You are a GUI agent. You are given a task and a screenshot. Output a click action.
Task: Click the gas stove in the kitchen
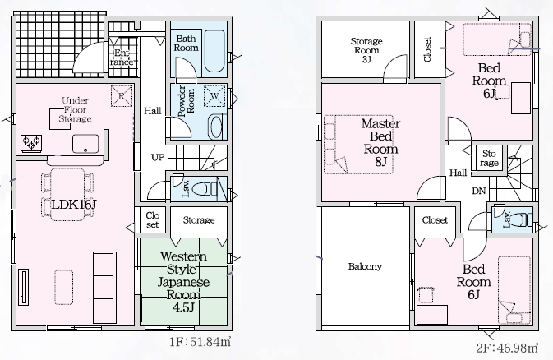coord(31,143)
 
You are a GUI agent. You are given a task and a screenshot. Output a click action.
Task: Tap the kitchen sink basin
coord(85,144)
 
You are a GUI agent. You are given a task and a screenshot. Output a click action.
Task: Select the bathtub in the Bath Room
coord(214,51)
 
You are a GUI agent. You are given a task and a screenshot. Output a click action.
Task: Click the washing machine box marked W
coord(214,95)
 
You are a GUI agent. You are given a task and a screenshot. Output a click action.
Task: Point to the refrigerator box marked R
coord(122,95)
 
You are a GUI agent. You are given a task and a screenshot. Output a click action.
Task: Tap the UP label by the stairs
coord(158,157)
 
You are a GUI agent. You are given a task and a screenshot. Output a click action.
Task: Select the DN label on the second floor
coord(478,191)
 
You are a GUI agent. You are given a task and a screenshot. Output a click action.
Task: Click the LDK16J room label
coord(74,204)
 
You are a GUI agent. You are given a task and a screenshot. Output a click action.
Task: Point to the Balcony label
coord(365,266)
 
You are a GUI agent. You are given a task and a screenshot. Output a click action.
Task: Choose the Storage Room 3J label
coord(366,50)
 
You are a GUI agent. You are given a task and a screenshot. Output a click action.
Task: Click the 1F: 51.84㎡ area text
coord(200,342)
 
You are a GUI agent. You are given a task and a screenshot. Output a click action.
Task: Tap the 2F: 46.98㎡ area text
coord(507,348)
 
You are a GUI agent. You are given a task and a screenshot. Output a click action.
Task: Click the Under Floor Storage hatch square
coord(60,119)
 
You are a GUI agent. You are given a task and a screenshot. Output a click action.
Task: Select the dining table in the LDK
coord(67,195)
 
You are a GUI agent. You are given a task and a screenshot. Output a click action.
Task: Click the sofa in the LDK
coord(104,288)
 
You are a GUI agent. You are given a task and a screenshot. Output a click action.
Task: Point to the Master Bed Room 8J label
coord(380,142)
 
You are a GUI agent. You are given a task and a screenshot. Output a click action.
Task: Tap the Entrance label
coord(122,58)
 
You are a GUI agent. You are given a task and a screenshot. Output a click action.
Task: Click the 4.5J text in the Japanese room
coord(183,307)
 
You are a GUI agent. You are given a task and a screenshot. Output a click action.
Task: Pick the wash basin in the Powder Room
coord(215,127)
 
